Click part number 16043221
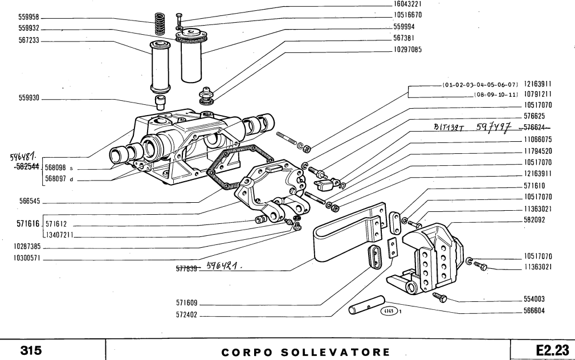[x=537, y=3]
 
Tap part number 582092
[x=537, y=219]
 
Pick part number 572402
[x=186, y=315]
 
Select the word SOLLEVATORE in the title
[x=330, y=349]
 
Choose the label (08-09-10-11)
[x=496, y=94]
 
